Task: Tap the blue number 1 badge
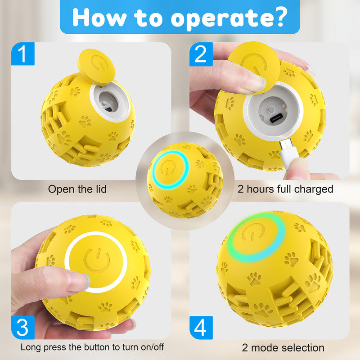coord(22,55)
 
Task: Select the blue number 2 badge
coord(201,55)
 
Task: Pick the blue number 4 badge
coord(201,328)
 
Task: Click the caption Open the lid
coord(77,189)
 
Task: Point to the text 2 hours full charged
coord(285,189)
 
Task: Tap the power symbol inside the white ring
coord(97,261)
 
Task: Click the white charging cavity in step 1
coord(108,101)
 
